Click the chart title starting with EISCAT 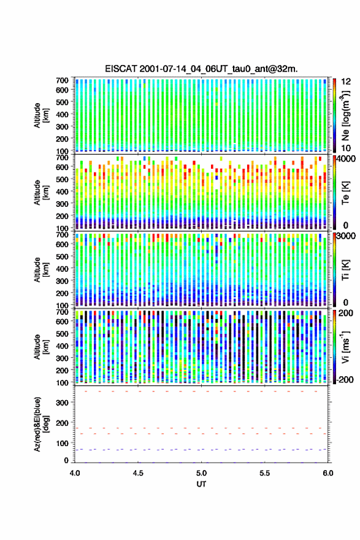pos(201,69)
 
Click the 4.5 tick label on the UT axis pos(138,473)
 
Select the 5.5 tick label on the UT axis pos(265,473)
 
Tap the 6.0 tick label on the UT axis pos(328,473)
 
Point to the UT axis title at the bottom pos(201,484)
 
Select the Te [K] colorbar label pos(345,193)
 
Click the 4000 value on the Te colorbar pos(347,159)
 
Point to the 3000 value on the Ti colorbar pos(347,236)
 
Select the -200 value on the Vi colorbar pos(345,379)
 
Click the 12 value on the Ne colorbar pos(346,82)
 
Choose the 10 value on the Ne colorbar pos(346,148)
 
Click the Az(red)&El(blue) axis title pos(41,424)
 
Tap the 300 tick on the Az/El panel pos(63,403)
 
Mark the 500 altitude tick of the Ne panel pos(63,102)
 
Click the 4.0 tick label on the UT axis pos(75,473)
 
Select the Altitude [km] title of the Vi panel pos(41,347)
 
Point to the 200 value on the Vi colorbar pos(346,313)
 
